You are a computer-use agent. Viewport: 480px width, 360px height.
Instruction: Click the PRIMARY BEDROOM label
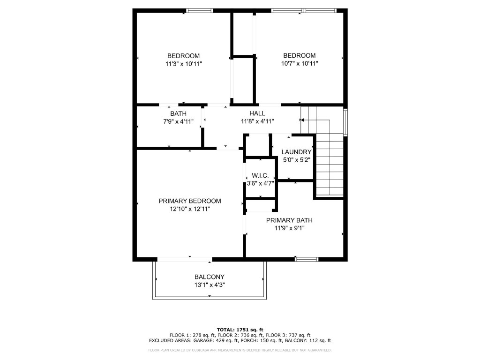click(189, 201)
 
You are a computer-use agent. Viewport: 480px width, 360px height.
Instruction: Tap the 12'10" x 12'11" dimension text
click(189, 209)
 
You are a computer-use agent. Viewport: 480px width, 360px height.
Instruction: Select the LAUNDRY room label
click(296, 152)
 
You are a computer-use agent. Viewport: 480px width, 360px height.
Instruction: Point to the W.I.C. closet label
click(260, 175)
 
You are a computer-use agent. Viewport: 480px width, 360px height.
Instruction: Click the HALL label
click(257, 113)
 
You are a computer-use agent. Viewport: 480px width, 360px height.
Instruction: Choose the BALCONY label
click(210, 277)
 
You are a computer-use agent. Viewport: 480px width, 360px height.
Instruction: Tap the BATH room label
click(178, 113)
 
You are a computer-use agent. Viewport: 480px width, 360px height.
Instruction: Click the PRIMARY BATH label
click(289, 220)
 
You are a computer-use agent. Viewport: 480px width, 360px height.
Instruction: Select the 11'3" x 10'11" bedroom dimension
click(183, 64)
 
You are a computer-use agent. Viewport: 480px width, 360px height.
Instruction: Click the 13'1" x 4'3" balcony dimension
click(210, 285)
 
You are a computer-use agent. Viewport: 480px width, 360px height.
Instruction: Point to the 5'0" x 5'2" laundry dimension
click(296, 160)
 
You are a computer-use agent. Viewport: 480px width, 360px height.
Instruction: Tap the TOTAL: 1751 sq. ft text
click(240, 329)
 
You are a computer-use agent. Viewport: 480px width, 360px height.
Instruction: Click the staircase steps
click(330, 164)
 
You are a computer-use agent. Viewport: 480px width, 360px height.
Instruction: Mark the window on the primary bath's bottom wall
click(307, 258)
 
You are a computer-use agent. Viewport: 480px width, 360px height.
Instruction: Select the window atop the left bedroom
click(199, 10)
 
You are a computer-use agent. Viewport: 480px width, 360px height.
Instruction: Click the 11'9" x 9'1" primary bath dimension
click(289, 228)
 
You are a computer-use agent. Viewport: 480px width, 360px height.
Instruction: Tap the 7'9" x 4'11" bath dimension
click(178, 121)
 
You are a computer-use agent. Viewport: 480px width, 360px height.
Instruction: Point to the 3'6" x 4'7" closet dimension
click(260, 183)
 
